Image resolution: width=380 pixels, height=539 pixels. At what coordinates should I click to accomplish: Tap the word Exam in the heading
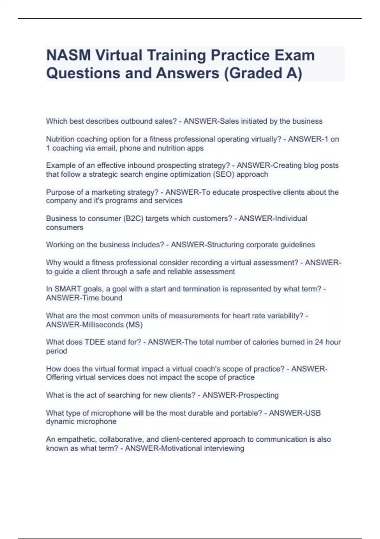294,55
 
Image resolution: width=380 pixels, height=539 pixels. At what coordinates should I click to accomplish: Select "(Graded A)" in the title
263,73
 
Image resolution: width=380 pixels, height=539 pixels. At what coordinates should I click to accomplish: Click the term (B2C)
133,218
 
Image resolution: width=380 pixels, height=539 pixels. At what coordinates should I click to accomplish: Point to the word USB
314,413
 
